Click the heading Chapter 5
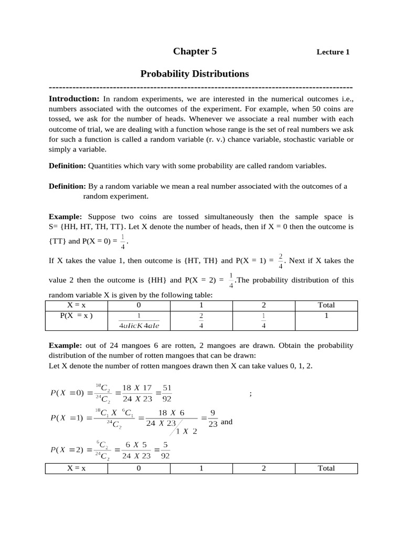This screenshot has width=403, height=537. pos(195,51)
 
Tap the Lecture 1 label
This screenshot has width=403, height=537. pos(333,52)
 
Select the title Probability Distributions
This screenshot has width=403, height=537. pos(194,74)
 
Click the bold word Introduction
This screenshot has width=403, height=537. pos(74,99)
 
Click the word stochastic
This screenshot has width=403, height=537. pos(295,139)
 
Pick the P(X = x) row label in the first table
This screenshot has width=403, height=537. pos(76,315)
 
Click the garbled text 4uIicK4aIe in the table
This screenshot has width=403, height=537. pos(139,325)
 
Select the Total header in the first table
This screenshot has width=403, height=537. pos(326,305)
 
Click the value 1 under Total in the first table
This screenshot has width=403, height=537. pos(326,316)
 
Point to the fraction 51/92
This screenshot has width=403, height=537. pos(167,393)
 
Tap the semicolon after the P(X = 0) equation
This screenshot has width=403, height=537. pos(251,394)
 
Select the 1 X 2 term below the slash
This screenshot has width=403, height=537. pos(186,432)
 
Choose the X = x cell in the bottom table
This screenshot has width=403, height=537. pos(76,468)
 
